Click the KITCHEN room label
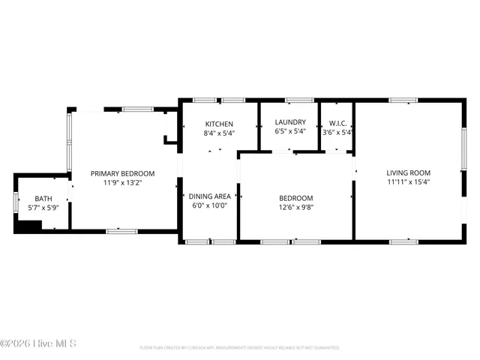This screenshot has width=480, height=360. tap(219, 124)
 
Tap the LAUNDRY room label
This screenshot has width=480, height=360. tap(289, 122)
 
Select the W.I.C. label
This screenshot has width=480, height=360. tap(337, 122)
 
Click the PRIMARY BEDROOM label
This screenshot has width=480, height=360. tap(122, 173)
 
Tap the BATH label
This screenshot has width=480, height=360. tap(43, 198)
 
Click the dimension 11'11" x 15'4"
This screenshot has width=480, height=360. tap(408, 181)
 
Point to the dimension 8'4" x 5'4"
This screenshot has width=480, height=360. tap(219, 133)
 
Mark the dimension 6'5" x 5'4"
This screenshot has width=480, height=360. tap(289, 131)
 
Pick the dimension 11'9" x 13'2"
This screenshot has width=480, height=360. tap(122, 182)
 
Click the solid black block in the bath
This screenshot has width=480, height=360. tap(28, 226)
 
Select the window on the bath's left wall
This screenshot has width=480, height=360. tap(15, 202)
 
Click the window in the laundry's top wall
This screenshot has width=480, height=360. tap(299, 100)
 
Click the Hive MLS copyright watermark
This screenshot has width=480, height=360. tap(38, 344)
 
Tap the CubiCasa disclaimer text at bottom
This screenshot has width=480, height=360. tap(239, 348)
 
